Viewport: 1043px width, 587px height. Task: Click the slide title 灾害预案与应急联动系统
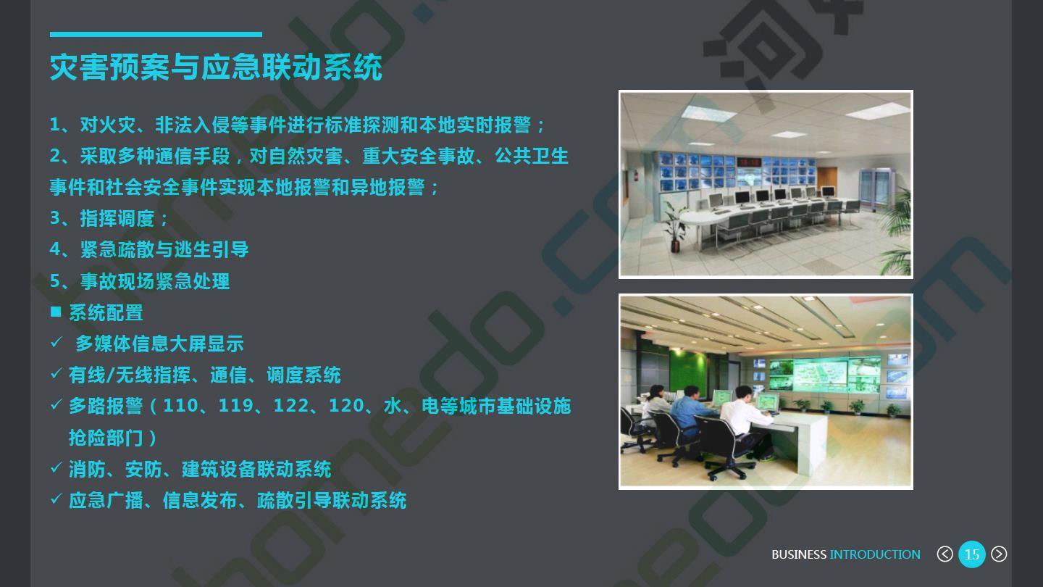click(x=216, y=67)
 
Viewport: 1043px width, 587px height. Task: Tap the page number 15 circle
click(x=972, y=554)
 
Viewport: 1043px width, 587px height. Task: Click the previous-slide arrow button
click(x=944, y=554)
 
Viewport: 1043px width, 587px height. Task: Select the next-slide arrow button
click(x=999, y=554)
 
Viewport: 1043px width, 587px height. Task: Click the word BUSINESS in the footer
click(x=799, y=554)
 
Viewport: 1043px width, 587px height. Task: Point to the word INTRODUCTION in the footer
click(x=875, y=554)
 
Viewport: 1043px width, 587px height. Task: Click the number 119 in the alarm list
click(x=235, y=406)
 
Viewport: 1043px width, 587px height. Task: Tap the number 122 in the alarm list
click(x=290, y=406)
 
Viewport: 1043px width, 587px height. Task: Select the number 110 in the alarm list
click(x=180, y=406)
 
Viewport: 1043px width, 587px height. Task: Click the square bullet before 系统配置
click(x=55, y=312)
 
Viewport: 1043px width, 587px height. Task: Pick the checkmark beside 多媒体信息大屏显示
click(x=56, y=342)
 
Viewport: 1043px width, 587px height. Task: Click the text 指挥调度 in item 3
click(x=117, y=219)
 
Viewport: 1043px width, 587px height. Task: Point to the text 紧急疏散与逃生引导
click(x=164, y=250)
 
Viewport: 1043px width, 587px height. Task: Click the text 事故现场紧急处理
click(x=154, y=281)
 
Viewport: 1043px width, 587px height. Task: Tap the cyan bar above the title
click(x=156, y=35)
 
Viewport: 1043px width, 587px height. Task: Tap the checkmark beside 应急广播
click(x=56, y=499)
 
